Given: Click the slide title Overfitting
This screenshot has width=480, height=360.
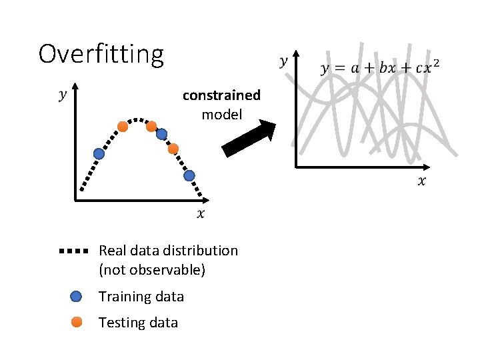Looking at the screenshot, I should pyautogui.click(x=101, y=55).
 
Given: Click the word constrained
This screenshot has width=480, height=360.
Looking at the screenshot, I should pyautogui.click(x=221, y=95).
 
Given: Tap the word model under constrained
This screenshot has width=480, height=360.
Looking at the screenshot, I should pyautogui.click(x=221, y=114).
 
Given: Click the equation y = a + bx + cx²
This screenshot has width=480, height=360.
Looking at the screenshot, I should pyautogui.click(x=380, y=68).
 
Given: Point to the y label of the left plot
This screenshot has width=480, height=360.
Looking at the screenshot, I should pyautogui.click(x=63, y=95).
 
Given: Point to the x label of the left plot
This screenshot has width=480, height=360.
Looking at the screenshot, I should pyautogui.click(x=201, y=213).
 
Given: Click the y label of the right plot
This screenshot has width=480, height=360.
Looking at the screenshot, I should pyautogui.click(x=284, y=62).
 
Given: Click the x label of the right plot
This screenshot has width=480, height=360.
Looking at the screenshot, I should pyautogui.click(x=422, y=181).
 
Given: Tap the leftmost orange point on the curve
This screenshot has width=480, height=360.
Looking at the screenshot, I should pyautogui.click(x=123, y=126).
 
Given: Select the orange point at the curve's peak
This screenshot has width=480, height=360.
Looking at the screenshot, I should pyautogui.click(x=151, y=126).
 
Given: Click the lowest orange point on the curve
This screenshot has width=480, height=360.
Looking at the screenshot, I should pyautogui.click(x=173, y=149).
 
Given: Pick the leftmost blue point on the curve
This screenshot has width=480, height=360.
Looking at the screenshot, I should pyautogui.click(x=99, y=153).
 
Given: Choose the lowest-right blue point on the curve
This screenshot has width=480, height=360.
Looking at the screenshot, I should pyautogui.click(x=189, y=176).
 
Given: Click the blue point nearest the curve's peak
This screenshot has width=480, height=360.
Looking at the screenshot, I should pyautogui.click(x=161, y=134).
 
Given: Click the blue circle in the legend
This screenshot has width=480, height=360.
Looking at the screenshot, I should pyautogui.click(x=76, y=296).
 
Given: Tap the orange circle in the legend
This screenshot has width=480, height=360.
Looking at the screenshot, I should pyautogui.click(x=76, y=322).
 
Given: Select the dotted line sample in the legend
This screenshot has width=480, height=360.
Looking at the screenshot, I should pyautogui.click(x=73, y=251).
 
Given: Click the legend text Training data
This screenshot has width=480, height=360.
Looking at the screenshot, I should pyautogui.click(x=141, y=296).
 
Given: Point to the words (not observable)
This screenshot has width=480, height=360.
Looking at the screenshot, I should pyautogui.click(x=152, y=270).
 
